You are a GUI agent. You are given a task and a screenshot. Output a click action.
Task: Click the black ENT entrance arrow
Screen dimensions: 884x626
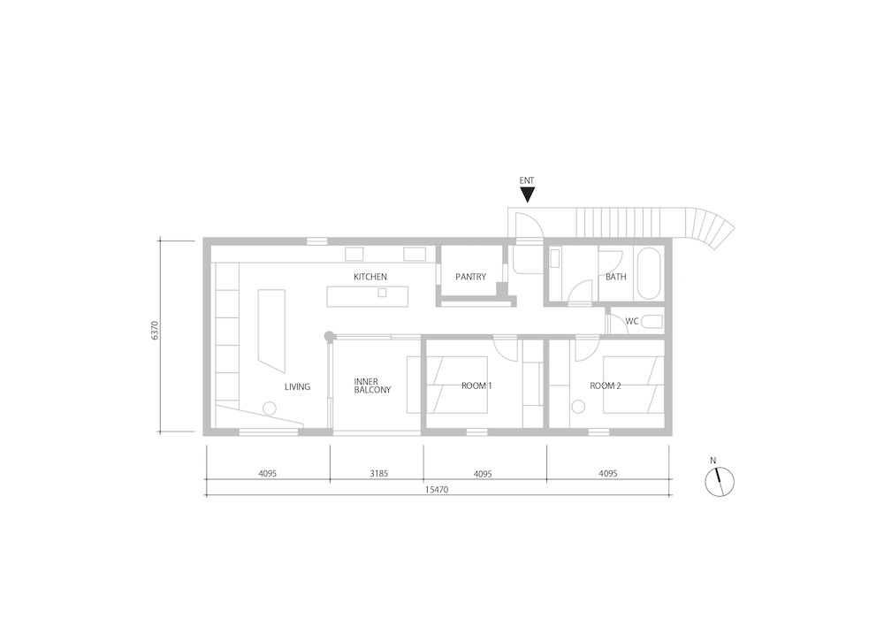coord(527,195)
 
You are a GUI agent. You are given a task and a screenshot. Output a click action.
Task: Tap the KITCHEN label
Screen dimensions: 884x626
coord(370,277)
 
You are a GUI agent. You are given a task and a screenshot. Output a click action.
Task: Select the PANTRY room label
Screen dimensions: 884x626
coord(471,277)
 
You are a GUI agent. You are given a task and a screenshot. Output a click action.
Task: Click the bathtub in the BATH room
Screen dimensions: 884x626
coord(647,273)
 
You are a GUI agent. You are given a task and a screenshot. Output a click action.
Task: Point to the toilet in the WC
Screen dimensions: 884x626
coord(653,322)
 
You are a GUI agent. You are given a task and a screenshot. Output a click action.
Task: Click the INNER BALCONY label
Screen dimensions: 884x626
coord(372,386)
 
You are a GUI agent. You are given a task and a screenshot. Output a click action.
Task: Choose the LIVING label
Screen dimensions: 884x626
coord(297,387)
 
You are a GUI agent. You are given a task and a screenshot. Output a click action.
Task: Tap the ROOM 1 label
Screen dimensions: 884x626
coord(476,386)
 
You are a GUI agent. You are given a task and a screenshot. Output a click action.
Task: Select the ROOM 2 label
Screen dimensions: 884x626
coord(605,386)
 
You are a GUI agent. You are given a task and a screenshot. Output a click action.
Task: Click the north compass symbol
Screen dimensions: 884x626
coord(720,482)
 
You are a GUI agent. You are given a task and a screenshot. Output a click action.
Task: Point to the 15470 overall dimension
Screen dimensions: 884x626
coord(437,490)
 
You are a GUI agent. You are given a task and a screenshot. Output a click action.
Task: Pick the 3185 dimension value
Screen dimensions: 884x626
coord(379,474)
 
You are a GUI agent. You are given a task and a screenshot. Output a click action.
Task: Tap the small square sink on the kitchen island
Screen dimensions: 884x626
coord(382,292)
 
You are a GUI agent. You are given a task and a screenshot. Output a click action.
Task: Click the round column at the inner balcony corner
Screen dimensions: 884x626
coord(329,336)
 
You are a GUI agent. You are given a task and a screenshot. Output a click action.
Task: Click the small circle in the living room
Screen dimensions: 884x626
coord(270,408)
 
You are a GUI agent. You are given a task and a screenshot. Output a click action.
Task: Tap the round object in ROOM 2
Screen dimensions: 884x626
coord(578,407)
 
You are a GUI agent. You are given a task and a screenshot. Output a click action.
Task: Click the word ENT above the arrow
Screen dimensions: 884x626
coord(527,180)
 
